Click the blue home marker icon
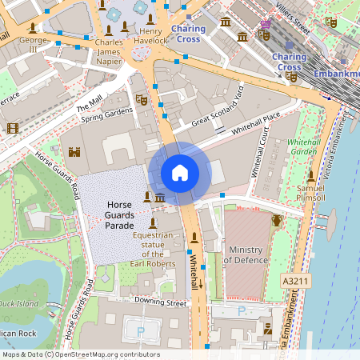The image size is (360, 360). point(180,173)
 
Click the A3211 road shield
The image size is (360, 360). point(294,282)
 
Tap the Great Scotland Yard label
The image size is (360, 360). point(217,109)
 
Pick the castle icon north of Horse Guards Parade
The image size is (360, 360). point(76,151)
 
